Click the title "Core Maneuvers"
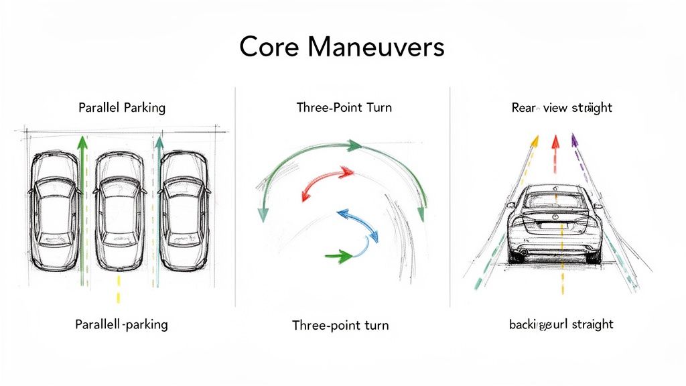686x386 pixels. (x=342, y=47)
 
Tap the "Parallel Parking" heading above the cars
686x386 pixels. (x=122, y=107)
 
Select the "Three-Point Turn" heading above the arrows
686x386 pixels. (x=344, y=107)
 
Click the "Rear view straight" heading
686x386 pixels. (x=561, y=107)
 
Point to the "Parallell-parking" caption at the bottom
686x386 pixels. (x=122, y=324)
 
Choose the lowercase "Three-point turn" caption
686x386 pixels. (x=340, y=326)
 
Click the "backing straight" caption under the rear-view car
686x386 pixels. (x=561, y=324)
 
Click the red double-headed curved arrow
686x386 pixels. (x=327, y=183)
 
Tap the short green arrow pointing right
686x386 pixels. (x=338, y=255)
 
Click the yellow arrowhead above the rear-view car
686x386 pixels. (x=534, y=141)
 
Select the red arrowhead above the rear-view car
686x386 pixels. (x=555, y=141)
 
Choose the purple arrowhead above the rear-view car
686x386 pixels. (x=574, y=140)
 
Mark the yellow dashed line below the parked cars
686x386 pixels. (x=119, y=288)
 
